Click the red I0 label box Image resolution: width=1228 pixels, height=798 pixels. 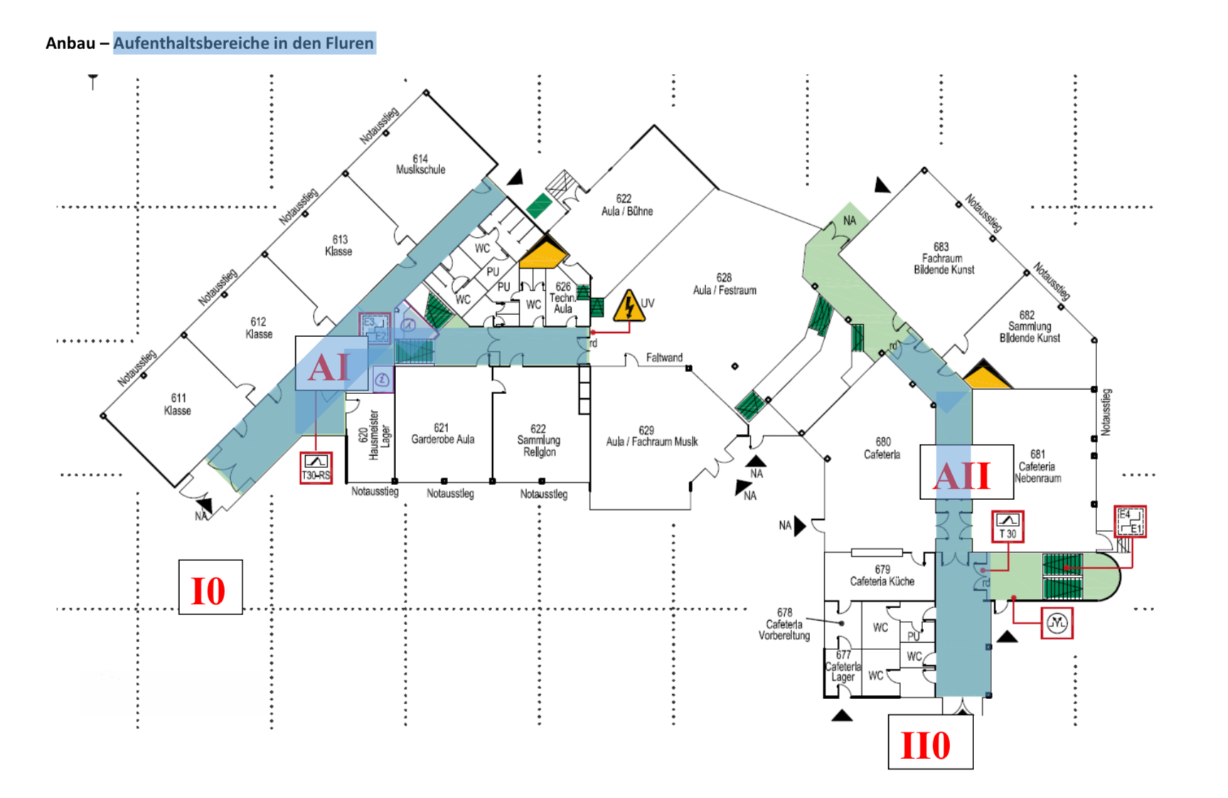(x=210, y=587)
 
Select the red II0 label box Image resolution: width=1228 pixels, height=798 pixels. (x=930, y=743)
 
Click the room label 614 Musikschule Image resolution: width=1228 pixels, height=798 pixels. (x=420, y=164)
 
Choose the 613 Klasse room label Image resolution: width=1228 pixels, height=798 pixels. (x=339, y=245)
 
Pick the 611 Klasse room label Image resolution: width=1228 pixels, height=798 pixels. (x=178, y=404)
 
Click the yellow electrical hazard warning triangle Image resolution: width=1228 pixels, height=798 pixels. (x=629, y=307)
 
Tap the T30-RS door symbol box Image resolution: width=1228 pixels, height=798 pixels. (x=316, y=468)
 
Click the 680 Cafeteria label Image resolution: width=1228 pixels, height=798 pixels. (x=882, y=448)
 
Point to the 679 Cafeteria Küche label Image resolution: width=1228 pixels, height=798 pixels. (x=882, y=575)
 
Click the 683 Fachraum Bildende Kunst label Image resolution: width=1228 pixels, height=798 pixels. (x=944, y=258)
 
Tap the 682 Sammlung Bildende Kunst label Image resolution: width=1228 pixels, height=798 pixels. (x=1029, y=326)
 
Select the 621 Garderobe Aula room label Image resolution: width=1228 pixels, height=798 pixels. (x=442, y=433)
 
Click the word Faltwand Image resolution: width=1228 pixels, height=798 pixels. (x=664, y=357)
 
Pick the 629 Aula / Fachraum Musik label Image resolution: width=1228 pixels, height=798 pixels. (x=651, y=436)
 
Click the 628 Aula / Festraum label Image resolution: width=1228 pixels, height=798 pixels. (x=725, y=284)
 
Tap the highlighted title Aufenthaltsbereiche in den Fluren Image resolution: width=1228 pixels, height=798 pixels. (x=244, y=43)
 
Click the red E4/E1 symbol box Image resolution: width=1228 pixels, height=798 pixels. (x=1129, y=521)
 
